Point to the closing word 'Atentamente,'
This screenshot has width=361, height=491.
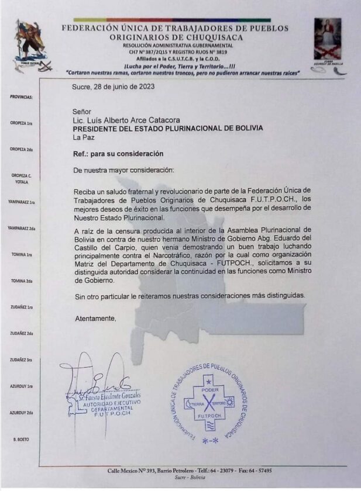pyautogui.click(x=95, y=319)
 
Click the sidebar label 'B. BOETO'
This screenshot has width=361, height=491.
pyautogui.click(x=21, y=439)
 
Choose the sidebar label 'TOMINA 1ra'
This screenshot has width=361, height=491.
pyautogui.click(x=22, y=255)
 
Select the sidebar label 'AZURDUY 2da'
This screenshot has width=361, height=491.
pyautogui.click(x=21, y=413)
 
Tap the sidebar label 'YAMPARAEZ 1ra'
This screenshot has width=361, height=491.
pyautogui.click(x=21, y=202)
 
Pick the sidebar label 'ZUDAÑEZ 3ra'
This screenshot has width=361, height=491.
pyautogui.click(x=22, y=359)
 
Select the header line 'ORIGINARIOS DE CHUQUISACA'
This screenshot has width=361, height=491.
pyautogui.click(x=176, y=37)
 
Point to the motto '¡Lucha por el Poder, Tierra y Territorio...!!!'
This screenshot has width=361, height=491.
pyautogui.click(x=174, y=66)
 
